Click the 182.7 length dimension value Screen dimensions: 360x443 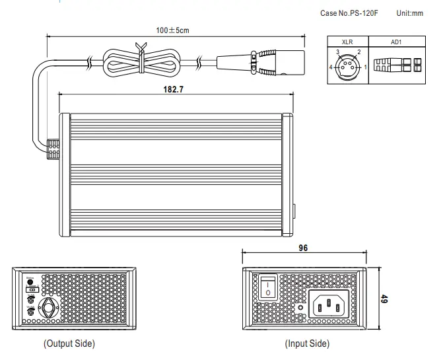pyautogui.click(x=173, y=88)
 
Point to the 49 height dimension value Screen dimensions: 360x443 pyautogui.click(x=384, y=299)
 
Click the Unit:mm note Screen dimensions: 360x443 pyautogui.click(x=410, y=13)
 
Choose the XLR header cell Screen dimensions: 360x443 pyautogui.click(x=347, y=41)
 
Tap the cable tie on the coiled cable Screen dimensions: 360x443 pyautogui.click(x=140, y=57)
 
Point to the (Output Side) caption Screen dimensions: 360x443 pyautogui.click(x=69, y=343)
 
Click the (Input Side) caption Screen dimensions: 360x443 pyautogui.click(x=307, y=343)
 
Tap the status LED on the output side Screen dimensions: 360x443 pyautogui.click(x=30, y=281)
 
